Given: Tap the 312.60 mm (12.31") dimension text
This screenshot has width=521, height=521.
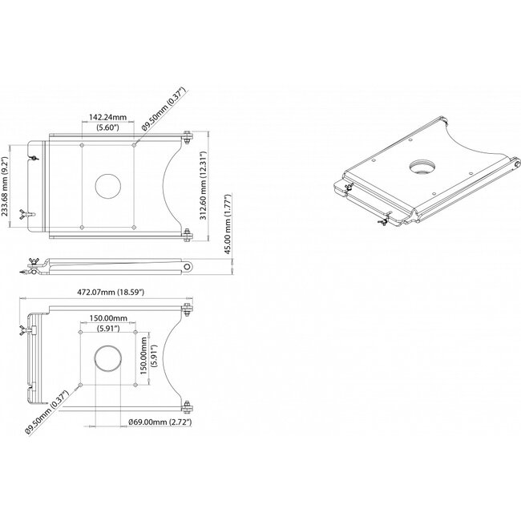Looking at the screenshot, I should (208, 185).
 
